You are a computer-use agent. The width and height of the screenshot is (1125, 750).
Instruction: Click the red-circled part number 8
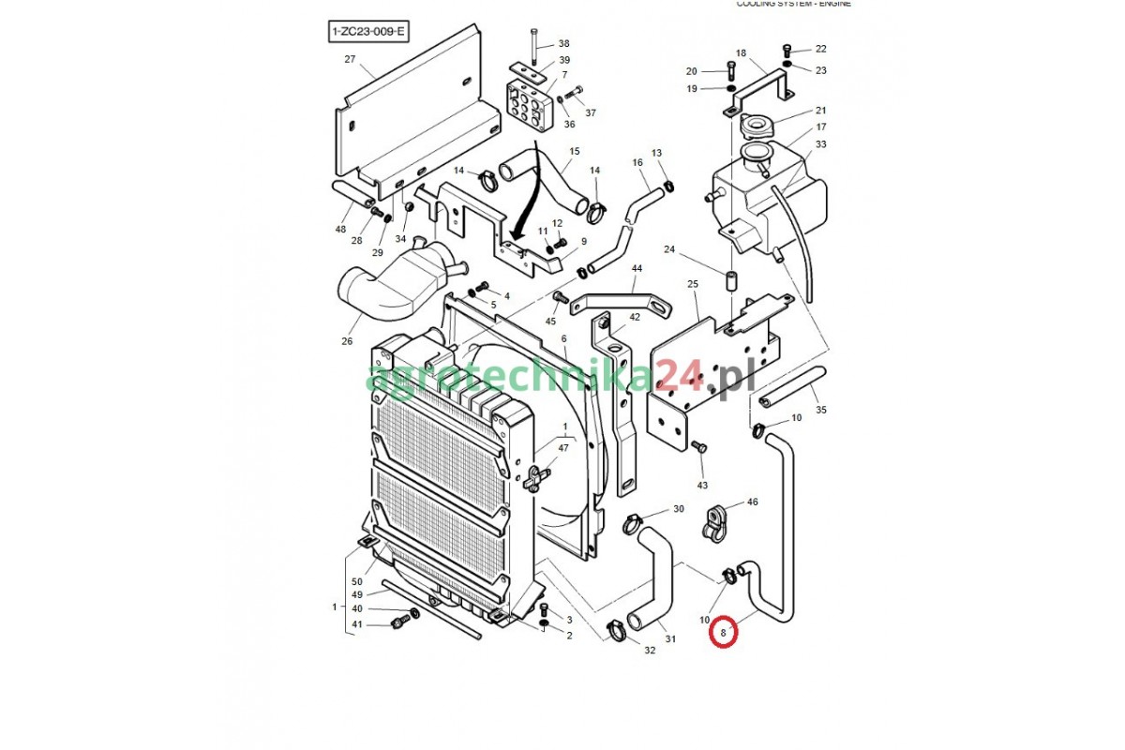[724, 634]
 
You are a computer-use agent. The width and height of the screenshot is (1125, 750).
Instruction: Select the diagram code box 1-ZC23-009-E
[368, 32]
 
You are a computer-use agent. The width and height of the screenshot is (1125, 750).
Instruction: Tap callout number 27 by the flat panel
[350, 59]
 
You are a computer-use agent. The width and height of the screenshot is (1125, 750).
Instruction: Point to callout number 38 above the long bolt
[563, 44]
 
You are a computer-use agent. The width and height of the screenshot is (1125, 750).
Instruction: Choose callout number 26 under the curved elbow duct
[347, 341]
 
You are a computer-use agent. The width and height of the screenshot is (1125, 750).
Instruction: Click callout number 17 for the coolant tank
[820, 127]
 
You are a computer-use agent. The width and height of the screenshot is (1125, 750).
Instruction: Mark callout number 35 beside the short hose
[820, 410]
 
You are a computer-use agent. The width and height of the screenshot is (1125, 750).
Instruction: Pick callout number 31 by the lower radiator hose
[670, 639]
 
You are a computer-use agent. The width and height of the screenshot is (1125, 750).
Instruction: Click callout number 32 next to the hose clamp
[650, 651]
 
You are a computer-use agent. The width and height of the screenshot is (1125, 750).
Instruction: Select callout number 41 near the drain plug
[356, 624]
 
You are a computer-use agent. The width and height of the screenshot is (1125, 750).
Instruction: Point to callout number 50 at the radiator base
[356, 582]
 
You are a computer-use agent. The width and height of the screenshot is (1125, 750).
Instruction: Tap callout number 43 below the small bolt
[702, 485]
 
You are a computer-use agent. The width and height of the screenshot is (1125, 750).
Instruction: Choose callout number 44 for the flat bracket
[637, 269]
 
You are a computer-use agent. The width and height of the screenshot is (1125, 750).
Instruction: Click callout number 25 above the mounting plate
[693, 283]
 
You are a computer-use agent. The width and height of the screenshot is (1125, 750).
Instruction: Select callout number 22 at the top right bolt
[820, 49]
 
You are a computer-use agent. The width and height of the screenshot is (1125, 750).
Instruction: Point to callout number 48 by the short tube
[340, 230]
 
